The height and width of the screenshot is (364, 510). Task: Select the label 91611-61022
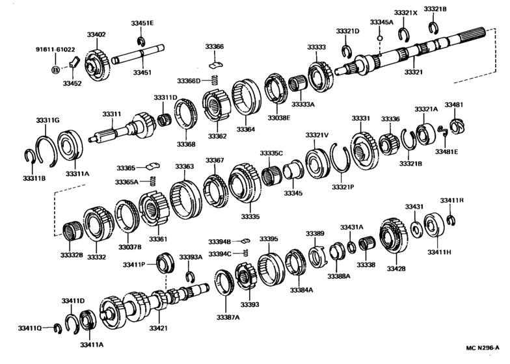point(55,49)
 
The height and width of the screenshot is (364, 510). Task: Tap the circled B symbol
point(55,68)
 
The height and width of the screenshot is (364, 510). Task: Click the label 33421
point(159,328)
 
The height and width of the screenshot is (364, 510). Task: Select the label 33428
point(396,268)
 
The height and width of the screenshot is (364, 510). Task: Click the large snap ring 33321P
point(342,161)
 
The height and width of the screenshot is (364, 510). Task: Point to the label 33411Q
point(30,328)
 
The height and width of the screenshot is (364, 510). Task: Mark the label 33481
point(454,105)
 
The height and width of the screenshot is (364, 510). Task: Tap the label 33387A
point(228,317)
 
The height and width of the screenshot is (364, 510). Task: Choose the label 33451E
point(143,23)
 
